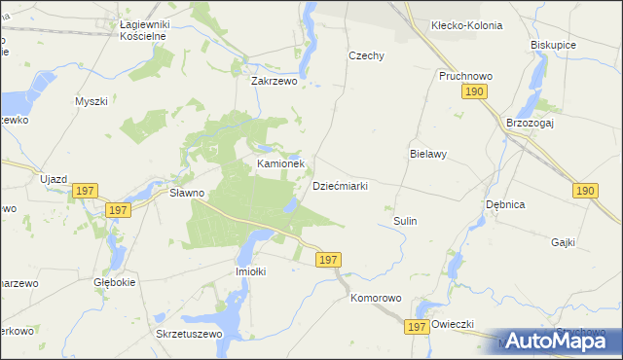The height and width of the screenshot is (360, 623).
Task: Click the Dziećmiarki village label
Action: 340,186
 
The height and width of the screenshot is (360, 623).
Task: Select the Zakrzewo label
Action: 274,82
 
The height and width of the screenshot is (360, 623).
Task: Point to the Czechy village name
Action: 367,55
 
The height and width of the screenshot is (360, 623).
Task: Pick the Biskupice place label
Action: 553,45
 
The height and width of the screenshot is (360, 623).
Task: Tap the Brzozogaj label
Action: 530,123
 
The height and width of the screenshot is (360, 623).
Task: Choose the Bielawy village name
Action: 427,154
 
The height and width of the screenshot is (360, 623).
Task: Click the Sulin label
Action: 405,221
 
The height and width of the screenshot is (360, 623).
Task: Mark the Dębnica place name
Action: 505,204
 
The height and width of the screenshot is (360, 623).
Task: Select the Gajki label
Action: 563,241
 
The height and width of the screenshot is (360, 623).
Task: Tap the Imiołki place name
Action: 251,271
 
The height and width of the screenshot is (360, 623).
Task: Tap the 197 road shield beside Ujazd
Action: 85,191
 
